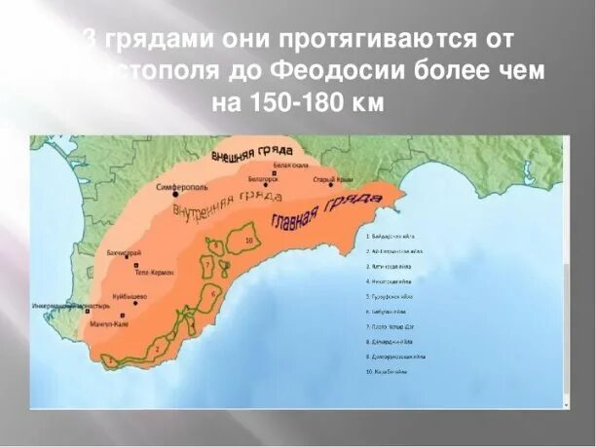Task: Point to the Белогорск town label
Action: (263, 178)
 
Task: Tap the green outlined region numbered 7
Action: (206, 265)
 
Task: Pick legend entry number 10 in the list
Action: (388, 370)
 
